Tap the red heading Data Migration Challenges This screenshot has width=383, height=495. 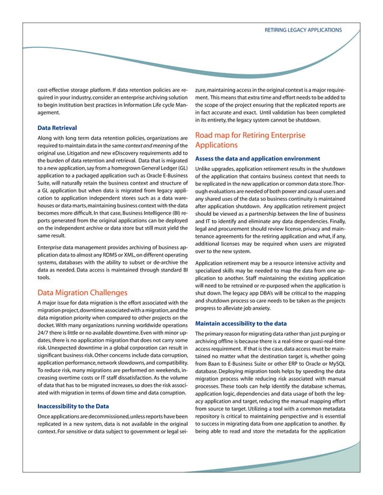pyautogui.click(x=82, y=292)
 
